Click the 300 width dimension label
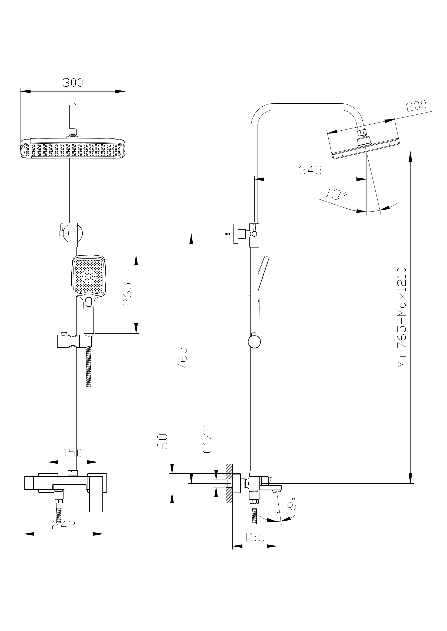coord(73,82)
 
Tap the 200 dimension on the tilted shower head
coord(417,106)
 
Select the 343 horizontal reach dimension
coord(310,170)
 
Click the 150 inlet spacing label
coord(73,453)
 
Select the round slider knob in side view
coord(254,342)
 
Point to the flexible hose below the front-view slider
coord(89,367)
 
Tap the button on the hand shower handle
coord(89,302)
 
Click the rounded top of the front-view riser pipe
coord(73,106)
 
